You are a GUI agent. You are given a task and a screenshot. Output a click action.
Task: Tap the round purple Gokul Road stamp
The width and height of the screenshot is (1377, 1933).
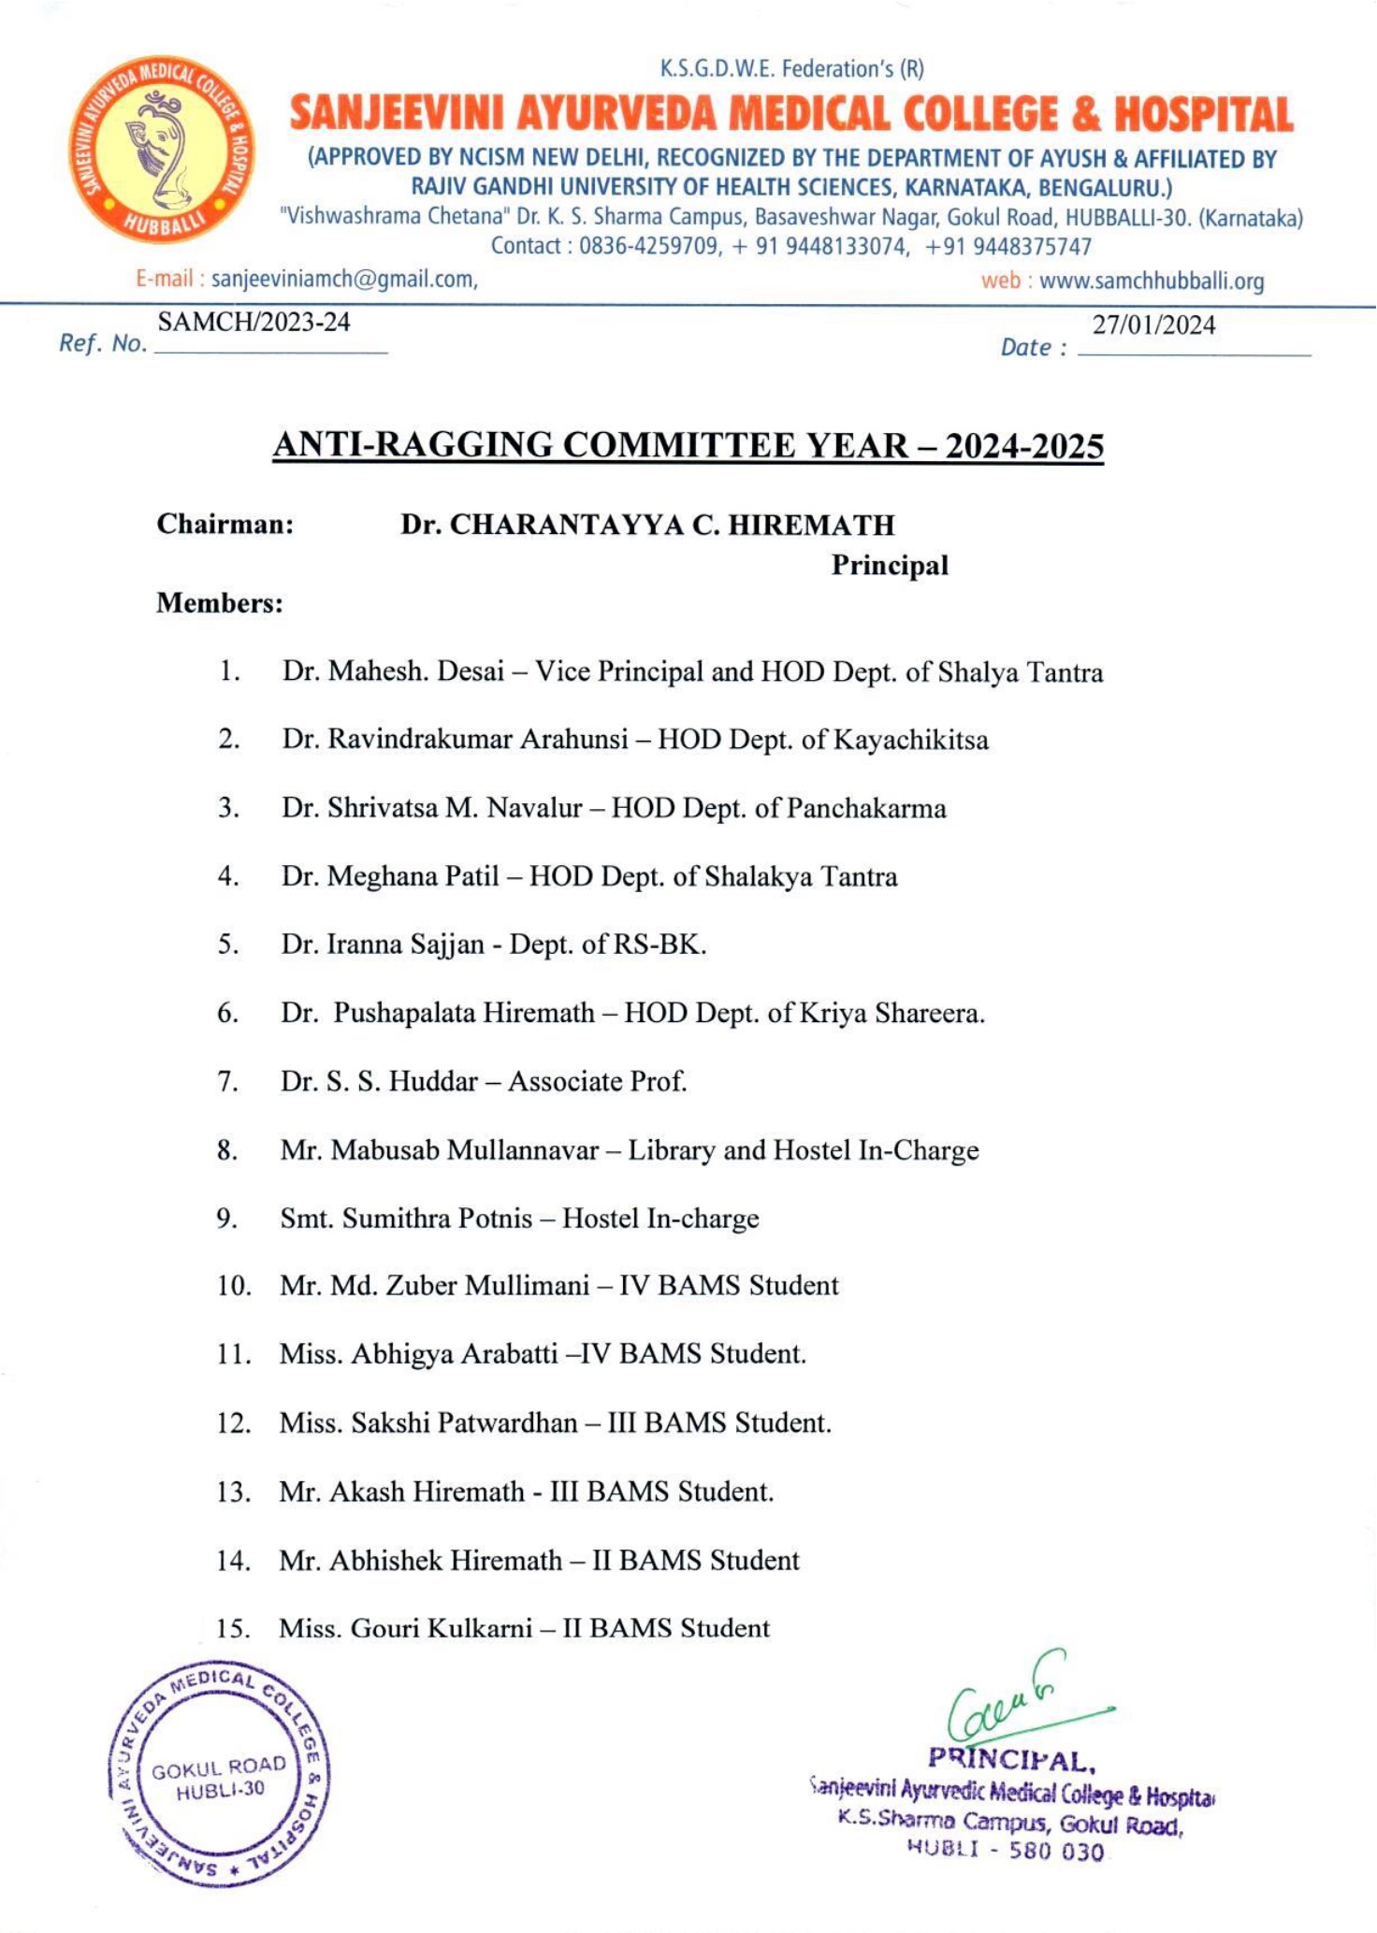click(219, 1777)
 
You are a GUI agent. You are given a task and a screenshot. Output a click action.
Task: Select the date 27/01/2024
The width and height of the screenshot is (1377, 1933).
click(1153, 325)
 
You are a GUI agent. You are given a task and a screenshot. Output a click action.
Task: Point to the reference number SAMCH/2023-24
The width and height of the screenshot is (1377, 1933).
click(254, 322)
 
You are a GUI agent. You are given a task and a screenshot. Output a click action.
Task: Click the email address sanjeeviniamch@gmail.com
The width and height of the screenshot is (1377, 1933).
click(344, 279)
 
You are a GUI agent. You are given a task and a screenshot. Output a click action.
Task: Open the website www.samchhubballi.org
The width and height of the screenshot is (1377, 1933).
click(1152, 281)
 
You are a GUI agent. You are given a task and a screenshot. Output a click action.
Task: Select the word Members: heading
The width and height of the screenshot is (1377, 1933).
click(220, 603)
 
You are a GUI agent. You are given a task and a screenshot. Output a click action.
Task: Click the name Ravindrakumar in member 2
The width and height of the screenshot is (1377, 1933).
click(419, 740)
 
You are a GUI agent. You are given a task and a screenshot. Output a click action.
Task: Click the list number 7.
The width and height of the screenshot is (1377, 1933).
click(228, 1082)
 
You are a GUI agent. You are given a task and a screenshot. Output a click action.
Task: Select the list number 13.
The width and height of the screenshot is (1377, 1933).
click(233, 1492)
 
